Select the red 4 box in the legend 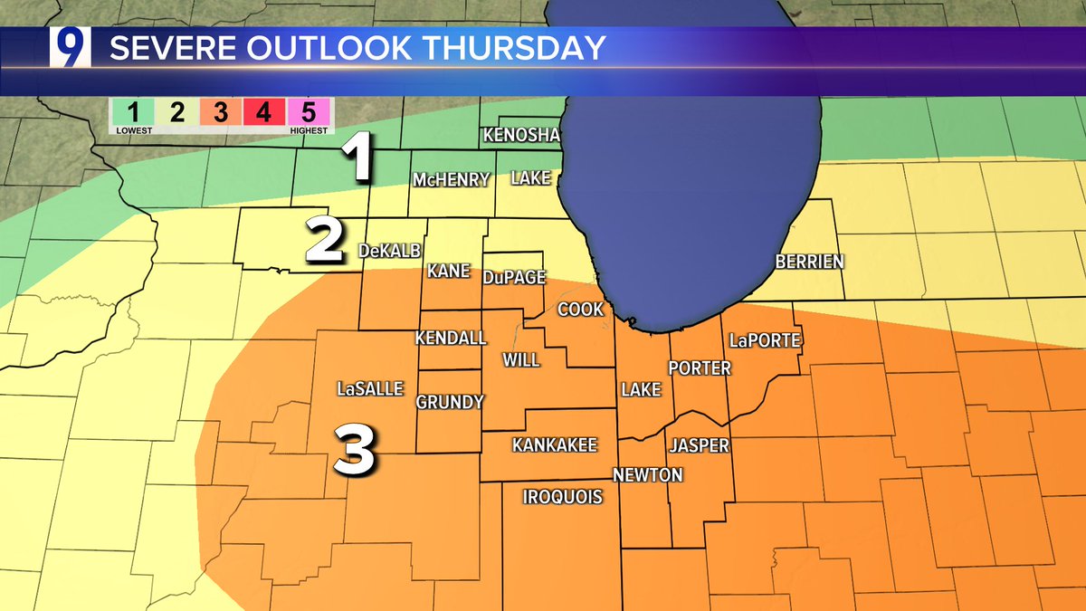click(x=263, y=114)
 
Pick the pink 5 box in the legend click(x=308, y=114)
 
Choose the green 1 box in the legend click(x=132, y=114)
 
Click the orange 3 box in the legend click(x=220, y=114)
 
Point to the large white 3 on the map click(x=355, y=450)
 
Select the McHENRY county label click(x=452, y=179)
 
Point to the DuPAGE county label click(x=513, y=277)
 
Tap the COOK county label click(x=580, y=310)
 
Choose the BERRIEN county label click(x=809, y=262)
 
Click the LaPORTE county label click(x=765, y=340)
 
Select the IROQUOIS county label click(x=563, y=496)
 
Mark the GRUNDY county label click(x=450, y=402)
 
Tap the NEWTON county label click(x=647, y=475)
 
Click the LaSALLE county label click(x=369, y=389)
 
